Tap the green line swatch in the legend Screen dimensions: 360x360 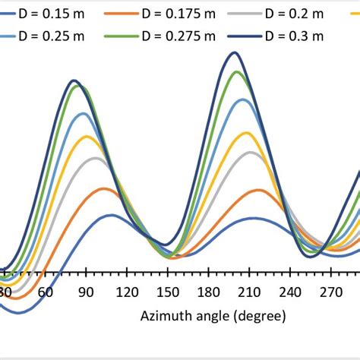127,36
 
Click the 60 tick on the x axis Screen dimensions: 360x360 45,292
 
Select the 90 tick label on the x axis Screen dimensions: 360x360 86,292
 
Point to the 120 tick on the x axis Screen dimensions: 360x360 127,292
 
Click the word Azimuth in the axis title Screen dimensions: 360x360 165,314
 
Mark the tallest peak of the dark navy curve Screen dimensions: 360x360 235,52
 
